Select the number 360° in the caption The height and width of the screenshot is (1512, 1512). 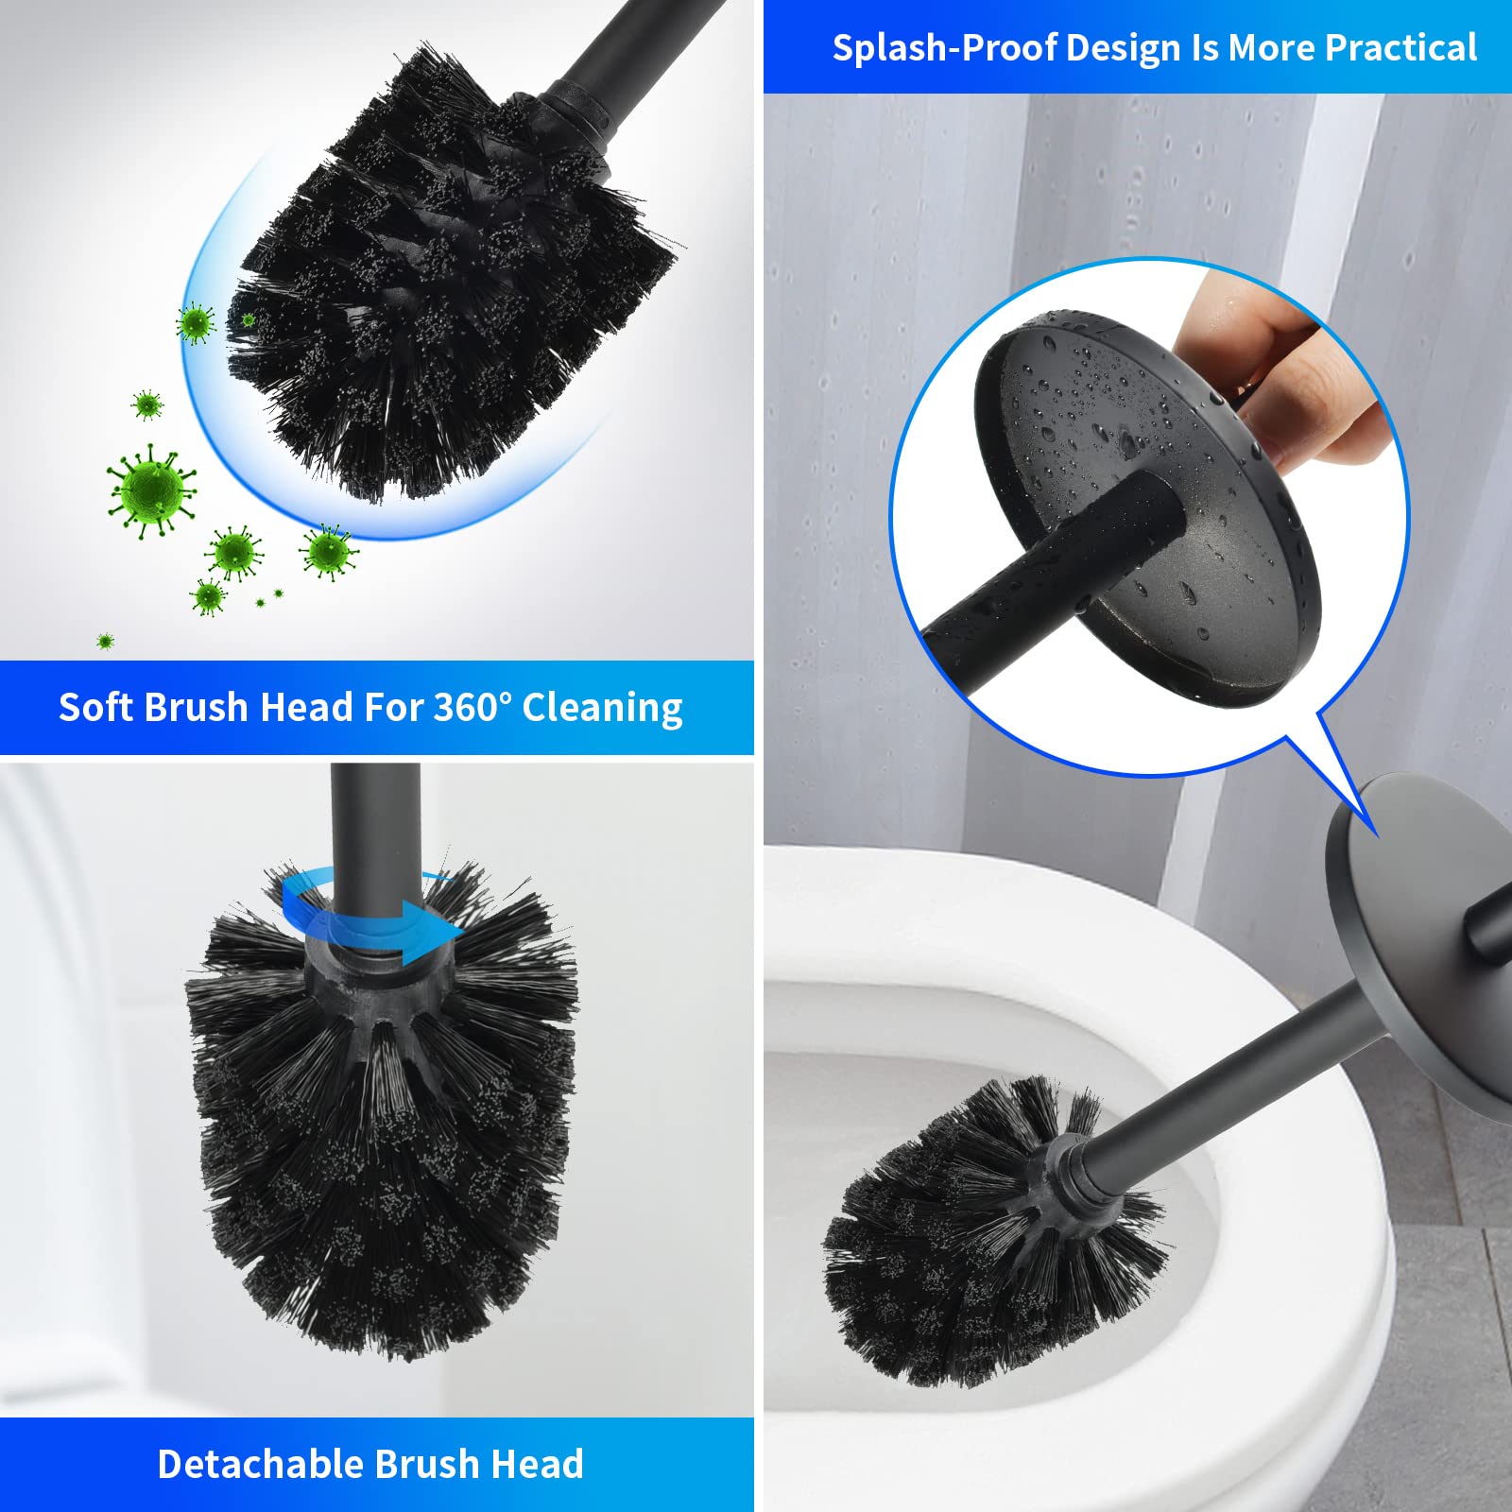pos(472,707)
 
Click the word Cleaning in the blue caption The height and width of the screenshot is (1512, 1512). pos(602,708)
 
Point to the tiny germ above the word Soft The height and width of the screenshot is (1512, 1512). pos(105,642)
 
